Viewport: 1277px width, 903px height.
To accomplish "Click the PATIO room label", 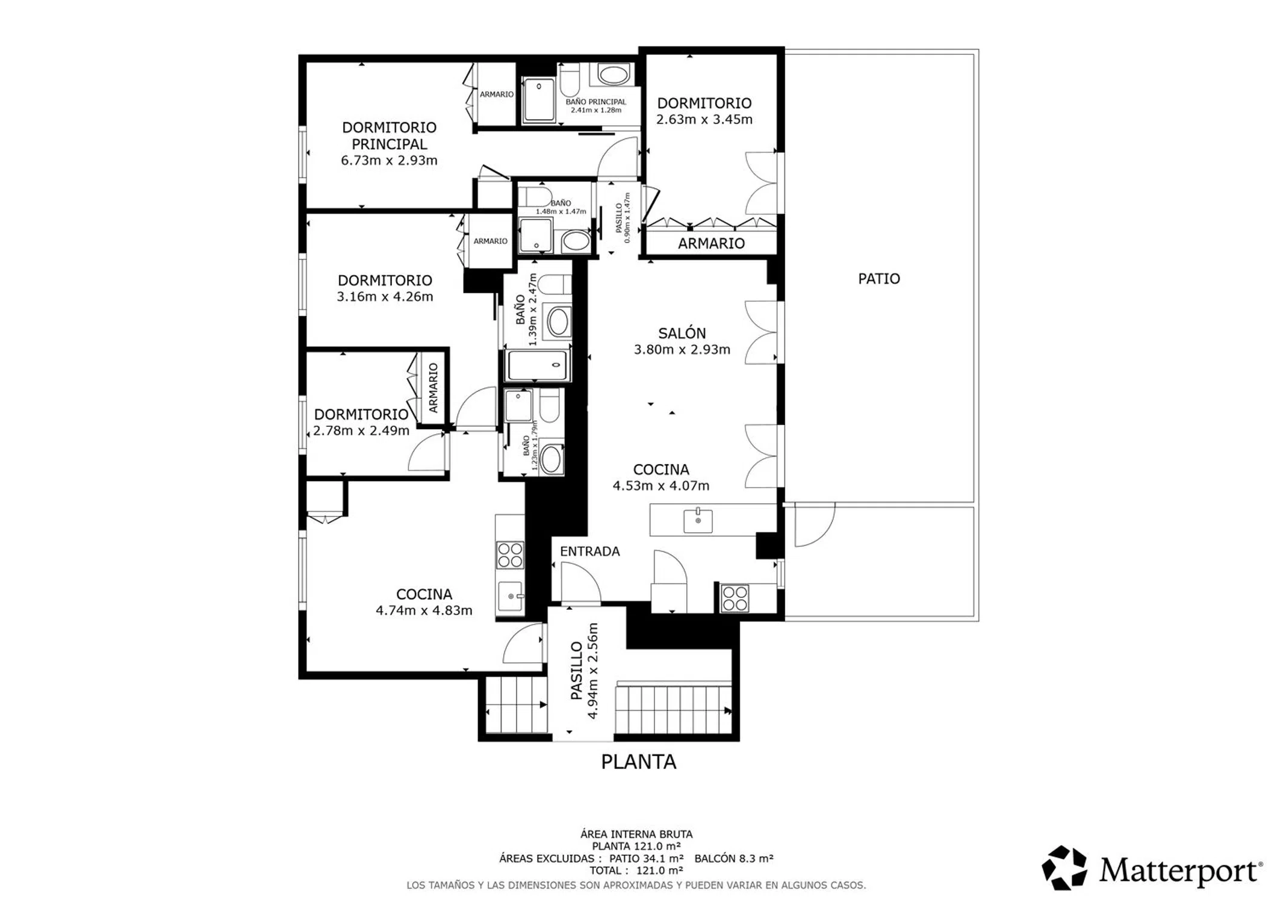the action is coord(878,279).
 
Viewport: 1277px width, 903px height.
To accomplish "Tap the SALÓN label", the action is coord(682,333).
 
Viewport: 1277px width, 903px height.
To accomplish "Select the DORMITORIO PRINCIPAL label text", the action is coord(390,135).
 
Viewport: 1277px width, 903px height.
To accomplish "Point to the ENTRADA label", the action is coord(589,551).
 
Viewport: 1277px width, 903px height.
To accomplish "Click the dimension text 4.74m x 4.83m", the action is coord(424,610).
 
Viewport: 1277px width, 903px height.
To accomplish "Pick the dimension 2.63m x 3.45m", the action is coord(704,119).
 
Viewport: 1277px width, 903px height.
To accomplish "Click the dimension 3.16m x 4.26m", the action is coord(385,296).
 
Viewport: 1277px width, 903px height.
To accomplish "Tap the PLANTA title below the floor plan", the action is coord(638,762).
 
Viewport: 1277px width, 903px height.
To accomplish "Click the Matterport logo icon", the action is coord(1064,868).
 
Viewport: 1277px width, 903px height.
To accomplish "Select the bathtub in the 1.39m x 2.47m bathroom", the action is coord(537,365).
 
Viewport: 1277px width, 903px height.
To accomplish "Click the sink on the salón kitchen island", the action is coord(698,520).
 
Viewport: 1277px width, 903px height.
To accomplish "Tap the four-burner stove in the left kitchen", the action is coord(510,555).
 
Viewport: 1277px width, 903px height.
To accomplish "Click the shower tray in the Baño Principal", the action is coord(539,100).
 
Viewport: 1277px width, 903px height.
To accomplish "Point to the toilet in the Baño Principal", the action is coord(569,81).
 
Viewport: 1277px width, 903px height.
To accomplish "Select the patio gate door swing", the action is coord(815,525).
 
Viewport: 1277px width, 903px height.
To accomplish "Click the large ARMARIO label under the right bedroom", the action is coord(711,243).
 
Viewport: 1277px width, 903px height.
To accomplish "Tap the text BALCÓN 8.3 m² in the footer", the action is coord(733,858).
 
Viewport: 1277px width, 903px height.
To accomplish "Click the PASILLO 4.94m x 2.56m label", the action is coord(585,671).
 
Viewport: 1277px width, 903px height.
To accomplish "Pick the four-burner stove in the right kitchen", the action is coord(735,598).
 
